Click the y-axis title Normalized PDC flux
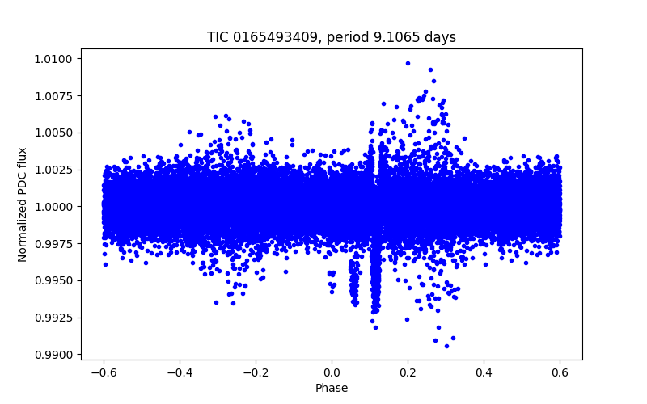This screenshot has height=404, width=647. coord(23,204)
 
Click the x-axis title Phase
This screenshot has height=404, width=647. coord(332,388)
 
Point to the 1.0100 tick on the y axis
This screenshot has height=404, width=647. coord(55,59)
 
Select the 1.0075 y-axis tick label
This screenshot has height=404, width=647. coord(55,95)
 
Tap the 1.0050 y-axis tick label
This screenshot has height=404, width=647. coord(55,133)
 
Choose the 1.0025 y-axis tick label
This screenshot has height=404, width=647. coord(55,170)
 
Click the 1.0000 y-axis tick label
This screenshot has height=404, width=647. coord(55,207)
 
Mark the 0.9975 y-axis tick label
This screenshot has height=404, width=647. coord(55,243)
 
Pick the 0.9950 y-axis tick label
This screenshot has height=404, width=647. coord(55,280)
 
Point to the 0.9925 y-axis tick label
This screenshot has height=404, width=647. coord(55,318)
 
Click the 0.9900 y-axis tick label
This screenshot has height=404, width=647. coord(55,355)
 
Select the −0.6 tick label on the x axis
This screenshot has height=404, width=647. coord(103,372)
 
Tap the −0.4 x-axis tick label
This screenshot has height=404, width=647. coord(179,372)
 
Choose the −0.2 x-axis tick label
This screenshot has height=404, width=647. coord(255,372)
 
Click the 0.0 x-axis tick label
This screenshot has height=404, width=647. coord(332,372)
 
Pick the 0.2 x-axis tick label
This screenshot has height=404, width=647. coord(408,372)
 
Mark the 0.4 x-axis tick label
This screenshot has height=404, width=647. coord(484,372)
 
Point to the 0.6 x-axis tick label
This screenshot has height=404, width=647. coord(560,372)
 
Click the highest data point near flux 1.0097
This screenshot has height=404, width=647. coord(408,63)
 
